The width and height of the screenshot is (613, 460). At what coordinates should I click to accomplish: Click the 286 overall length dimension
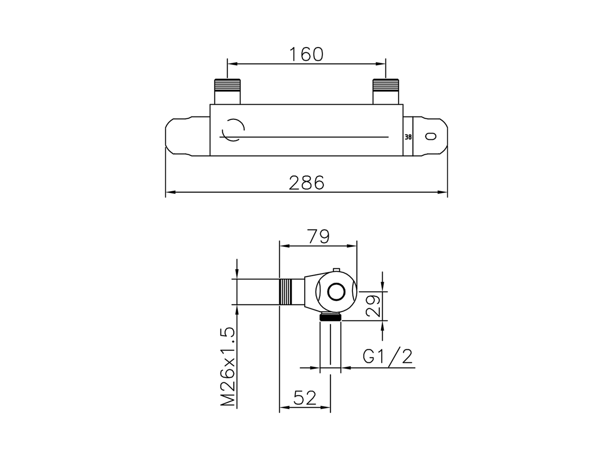tap(306, 183)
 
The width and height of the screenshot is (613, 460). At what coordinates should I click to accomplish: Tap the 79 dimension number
tap(318, 236)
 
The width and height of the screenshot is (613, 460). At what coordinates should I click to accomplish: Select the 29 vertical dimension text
tap(373, 306)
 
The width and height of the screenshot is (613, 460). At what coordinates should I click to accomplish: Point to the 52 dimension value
tap(305, 398)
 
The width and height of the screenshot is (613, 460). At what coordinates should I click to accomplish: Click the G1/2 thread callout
tap(387, 356)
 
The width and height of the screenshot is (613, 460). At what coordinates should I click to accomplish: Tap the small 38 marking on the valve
tap(408, 137)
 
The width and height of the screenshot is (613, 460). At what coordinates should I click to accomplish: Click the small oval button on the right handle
tap(431, 136)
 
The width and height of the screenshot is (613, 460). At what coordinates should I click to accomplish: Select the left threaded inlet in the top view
tap(227, 92)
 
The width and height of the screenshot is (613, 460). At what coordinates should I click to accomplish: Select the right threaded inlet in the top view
tap(386, 92)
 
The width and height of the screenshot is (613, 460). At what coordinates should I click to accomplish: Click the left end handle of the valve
tap(187, 136)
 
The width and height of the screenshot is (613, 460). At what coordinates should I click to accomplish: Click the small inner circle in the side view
tap(336, 292)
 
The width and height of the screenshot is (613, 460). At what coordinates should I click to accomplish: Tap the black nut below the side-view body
tap(330, 317)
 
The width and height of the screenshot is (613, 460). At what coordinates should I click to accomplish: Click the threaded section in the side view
tap(285, 292)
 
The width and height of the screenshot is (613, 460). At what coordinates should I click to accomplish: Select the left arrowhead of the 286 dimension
tap(170, 192)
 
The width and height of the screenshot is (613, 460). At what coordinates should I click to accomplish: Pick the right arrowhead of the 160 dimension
tap(381, 64)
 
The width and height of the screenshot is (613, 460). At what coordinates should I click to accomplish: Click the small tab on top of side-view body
tap(336, 270)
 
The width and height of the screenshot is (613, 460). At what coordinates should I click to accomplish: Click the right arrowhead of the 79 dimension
tap(352, 246)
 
